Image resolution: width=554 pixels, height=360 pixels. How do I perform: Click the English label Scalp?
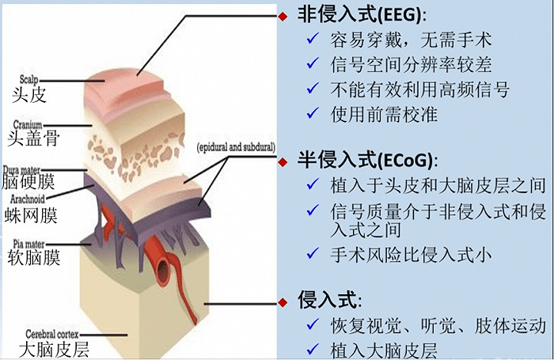(x=28, y=80)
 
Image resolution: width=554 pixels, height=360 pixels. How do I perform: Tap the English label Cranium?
(x=28, y=124)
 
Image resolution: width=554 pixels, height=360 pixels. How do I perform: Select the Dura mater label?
(x=21, y=170)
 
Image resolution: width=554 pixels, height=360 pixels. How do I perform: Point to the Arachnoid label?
(x=28, y=199)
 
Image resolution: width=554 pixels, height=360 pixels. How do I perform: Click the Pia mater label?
(x=28, y=244)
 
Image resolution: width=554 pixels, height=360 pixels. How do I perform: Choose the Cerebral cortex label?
(x=52, y=334)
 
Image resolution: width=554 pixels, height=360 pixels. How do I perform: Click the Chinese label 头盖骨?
(x=33, y=138)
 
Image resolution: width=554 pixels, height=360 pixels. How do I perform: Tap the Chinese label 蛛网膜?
(x=31, y=215)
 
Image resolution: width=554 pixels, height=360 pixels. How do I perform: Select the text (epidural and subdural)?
(x=236, y=147)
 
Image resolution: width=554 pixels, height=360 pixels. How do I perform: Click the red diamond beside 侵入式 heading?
(x=283, y=302)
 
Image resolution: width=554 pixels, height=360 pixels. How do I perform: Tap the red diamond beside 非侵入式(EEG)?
(x=283, y=17)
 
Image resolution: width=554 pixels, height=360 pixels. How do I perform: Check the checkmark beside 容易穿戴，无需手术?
(x=313, y=38)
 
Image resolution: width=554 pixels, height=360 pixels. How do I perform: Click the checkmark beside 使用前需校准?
(x=313, y=113)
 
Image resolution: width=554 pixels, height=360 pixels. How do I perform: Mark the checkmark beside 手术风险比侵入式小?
(x=313, y=253)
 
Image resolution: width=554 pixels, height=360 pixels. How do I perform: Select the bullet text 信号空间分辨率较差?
(x=411, y=64)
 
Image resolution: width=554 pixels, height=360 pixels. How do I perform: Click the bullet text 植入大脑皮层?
(x=384, y=351)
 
